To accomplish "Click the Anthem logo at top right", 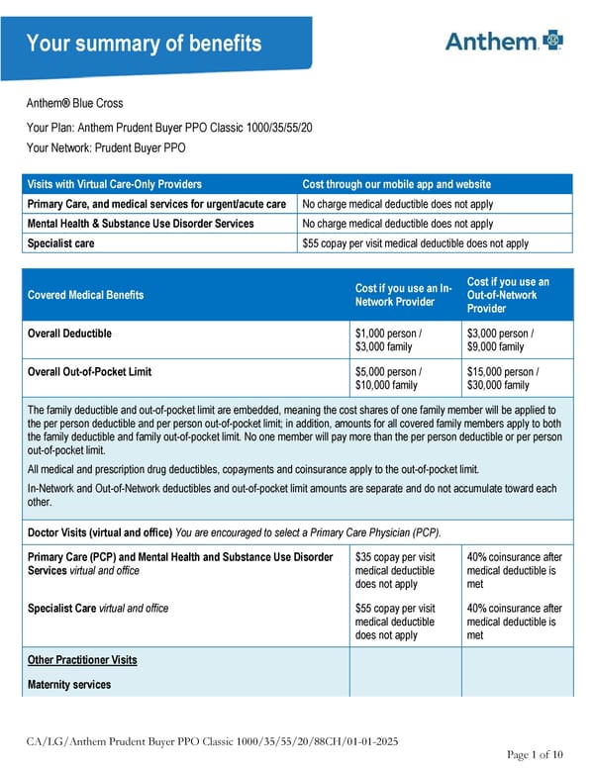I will coord(504,41).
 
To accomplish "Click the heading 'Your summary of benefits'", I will coord(144,44).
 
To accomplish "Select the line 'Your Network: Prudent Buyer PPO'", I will coord(104,148).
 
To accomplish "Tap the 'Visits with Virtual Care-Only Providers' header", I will coord(115,184).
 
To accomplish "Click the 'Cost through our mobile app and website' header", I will coord(396,184).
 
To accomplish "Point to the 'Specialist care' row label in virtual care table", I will coord(61,242).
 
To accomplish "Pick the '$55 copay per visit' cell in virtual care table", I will coord(415,242).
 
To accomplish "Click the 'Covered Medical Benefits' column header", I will coord(85,295).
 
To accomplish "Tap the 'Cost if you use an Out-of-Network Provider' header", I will coord(508,295).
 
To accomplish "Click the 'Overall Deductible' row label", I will coord(69,334).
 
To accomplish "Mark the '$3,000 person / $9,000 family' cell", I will coord(501,340).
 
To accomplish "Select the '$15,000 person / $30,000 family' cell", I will coord(504,379).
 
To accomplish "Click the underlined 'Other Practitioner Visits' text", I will coord(82,660).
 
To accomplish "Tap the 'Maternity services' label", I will coord(69,685).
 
